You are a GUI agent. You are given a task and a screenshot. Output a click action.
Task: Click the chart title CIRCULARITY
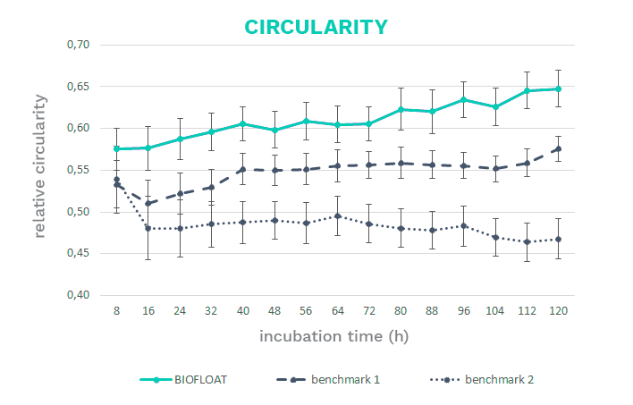tap(316, 26)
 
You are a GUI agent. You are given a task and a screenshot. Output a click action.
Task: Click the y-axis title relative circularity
tap(41, 170)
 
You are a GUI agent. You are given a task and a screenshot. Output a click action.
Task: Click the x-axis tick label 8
tap(116, 309)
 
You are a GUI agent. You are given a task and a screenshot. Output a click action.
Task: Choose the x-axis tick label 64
tap(336, 309)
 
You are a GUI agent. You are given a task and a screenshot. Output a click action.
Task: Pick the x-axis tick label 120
tap(556, 309)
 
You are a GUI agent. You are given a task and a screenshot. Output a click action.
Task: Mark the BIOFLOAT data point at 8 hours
tap(116, 148)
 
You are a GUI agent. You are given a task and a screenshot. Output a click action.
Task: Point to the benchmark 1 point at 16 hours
tap(148, 203)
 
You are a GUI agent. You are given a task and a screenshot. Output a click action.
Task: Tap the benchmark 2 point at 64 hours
tap(336, 215)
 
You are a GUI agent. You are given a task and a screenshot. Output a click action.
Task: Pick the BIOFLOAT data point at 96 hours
tap(462, 99)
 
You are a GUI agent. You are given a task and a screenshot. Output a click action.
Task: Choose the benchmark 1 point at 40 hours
tap(242, 169)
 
